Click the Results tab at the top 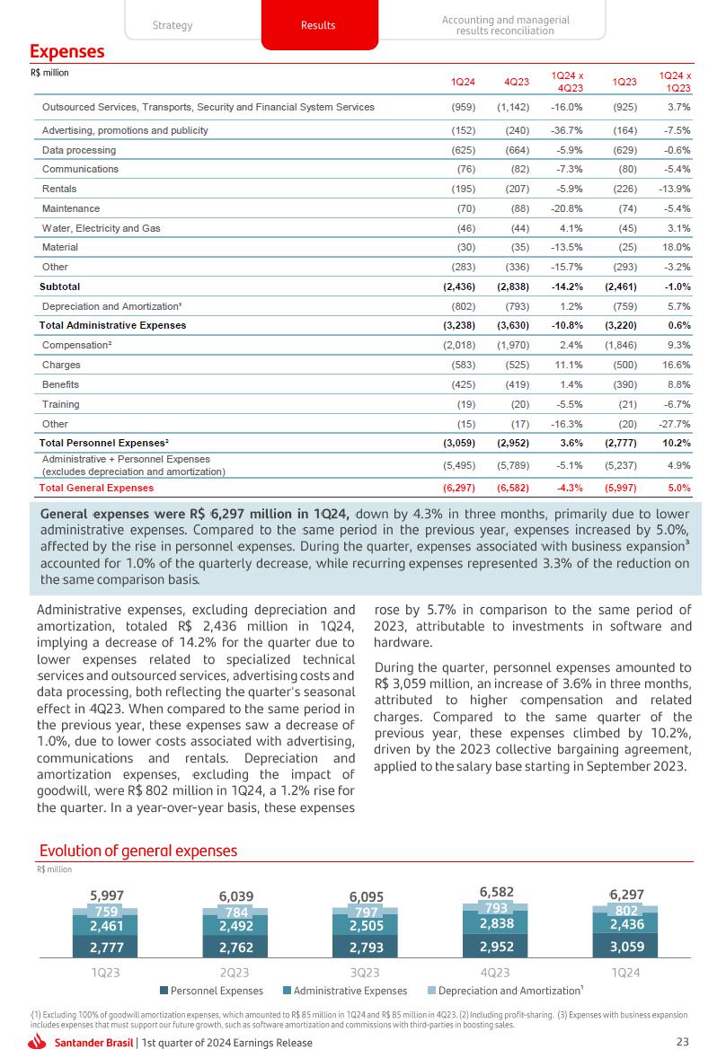click(317, 25)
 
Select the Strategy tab click(173, 25)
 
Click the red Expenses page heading click(67, 52)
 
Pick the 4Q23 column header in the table click(516, 83)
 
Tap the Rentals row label click(59, 189)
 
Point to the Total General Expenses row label click(96, 488)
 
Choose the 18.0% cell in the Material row click(676, 247)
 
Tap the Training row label click(62, 405)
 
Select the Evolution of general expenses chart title click(138, 851)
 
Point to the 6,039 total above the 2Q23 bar click(236, 895)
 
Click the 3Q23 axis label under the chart click(366, 972)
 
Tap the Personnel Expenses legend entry click(211, 991)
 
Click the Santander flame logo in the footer click(39, 1042)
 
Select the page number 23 click(682, 1042)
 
